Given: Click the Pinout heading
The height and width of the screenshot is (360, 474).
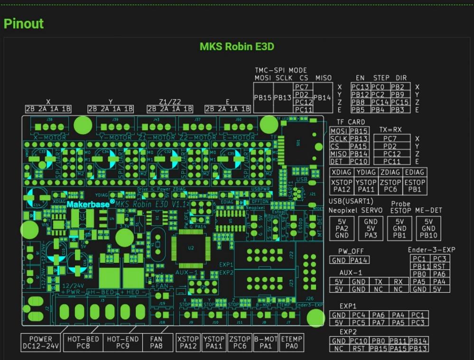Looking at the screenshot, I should (24, 23).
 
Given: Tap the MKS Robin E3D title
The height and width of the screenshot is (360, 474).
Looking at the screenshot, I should (236, 46).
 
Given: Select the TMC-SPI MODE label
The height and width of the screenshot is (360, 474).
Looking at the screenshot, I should (281, 70).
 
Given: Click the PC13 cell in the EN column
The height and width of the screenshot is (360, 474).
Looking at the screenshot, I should (360, 87).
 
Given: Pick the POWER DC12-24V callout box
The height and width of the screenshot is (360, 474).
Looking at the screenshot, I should (41, 342).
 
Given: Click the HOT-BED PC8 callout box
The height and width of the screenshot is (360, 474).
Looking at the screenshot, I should (84, 342).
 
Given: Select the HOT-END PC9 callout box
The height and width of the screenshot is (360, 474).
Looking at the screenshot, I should (122, 342).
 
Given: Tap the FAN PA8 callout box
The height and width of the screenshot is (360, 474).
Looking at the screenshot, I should (156, 342).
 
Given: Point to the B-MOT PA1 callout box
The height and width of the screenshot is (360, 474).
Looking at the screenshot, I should (265, 342).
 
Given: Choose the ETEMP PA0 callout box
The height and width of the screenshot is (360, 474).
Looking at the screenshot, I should (291, 342).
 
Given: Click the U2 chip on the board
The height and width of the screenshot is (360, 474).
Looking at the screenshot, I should (191, 248).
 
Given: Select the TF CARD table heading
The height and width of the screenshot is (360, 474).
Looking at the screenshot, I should (351, 122).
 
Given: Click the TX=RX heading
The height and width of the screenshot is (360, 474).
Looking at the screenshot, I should (390, 129).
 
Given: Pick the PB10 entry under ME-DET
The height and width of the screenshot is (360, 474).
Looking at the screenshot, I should (428, 235).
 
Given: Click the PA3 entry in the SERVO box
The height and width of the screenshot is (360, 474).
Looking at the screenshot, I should (371, 235).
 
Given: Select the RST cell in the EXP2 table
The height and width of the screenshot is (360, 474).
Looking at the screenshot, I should (358, 349).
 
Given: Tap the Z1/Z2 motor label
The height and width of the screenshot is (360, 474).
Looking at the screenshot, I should (170, 102).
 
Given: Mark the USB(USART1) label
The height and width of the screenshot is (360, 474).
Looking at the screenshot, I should (351, 202).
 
